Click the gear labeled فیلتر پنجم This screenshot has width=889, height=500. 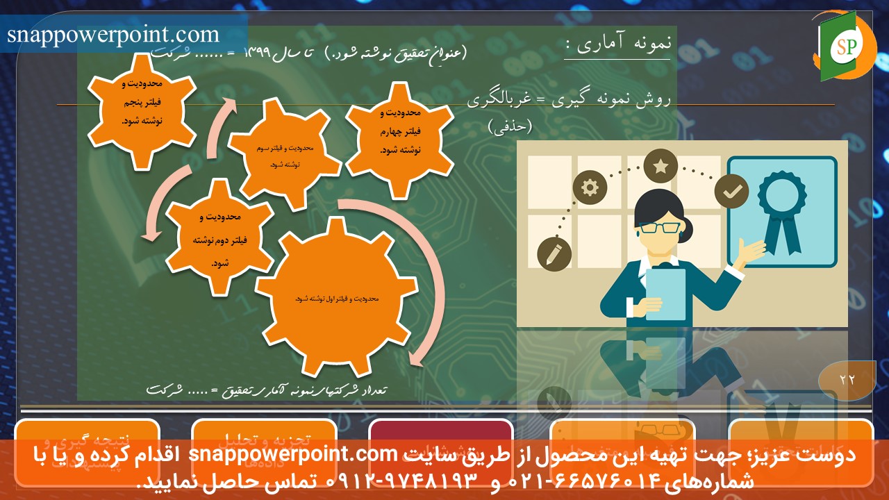[x=142, y=110]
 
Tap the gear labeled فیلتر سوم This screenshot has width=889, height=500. [x=285, y=153]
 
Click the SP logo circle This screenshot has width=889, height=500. [x=845, y=46]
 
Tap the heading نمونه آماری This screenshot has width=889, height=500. [x=617, y=44]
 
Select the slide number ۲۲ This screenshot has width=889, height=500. [x=847, y=379]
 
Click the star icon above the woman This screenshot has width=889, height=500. [x=660, y=167]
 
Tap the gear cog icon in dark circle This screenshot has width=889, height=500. [x=590, y=187]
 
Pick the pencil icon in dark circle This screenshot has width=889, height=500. [x=554, y=254]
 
